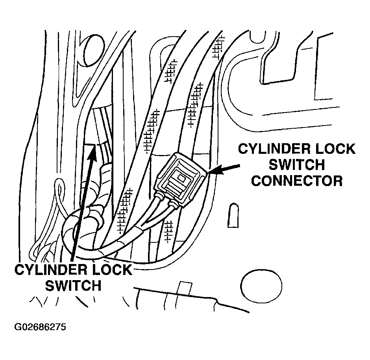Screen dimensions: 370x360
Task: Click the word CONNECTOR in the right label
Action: coord(297,181)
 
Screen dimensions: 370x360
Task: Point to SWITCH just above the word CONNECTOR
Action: coord(297,165)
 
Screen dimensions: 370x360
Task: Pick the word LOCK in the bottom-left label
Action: coord(112,270)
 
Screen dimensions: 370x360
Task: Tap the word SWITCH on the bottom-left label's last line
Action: coord(73,286)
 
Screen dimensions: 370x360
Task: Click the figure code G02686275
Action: coord(40,327)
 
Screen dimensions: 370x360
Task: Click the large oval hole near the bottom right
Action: coord(261,286)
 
